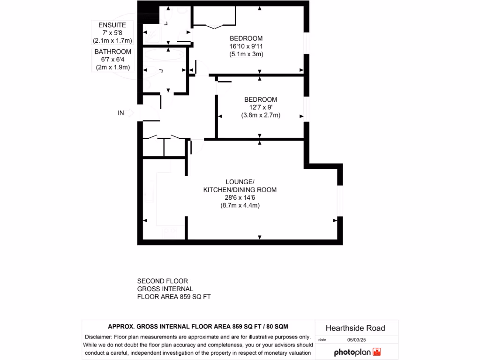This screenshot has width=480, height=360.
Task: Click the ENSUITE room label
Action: pyautogui.click(x=112, y=25)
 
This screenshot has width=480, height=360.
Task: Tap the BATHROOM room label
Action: pyautogui.click(x=112, y=52)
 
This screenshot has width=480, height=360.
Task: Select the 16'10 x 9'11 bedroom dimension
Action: pyautogui.click(x=246, y=46)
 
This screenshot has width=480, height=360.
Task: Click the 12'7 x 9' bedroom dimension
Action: pyautogui.click(x=261, y=107)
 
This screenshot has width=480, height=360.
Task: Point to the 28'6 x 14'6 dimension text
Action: pyautogui.click(x=240, y=198)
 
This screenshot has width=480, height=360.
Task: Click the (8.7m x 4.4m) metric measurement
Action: pyautogui.click(x=240, y=205)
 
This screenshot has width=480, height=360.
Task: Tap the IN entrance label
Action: pyautogui.click(x=121, y=113)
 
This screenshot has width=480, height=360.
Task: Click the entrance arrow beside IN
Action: pyautogui.click(x=131, y=113)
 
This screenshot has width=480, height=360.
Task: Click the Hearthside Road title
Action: pyautogui.click(x=355, y=328)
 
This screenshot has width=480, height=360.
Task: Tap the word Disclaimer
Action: pyautogui.click(x=97, y=337)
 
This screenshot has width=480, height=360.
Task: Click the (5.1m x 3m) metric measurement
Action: pyautogui.click(x=246, y=54)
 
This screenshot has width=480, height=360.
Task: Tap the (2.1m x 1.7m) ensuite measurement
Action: pyautogui.click(x=112, y=40)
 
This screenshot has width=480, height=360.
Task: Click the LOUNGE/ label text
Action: pyautogui.click(x=240, y=182)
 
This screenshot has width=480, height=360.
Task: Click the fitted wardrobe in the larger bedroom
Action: pyautogui.click(x=214, y=17)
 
